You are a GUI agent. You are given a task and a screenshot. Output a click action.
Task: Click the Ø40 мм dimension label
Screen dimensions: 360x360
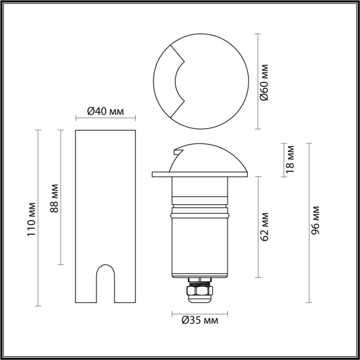[x=105, y=111]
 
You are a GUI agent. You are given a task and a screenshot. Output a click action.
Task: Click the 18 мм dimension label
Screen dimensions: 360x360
[x=290, y=158]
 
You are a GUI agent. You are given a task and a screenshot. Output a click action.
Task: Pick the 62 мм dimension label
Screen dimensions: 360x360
[x=264, y=226]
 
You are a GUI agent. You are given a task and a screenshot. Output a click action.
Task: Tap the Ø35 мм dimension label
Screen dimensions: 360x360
[x=200, y=321]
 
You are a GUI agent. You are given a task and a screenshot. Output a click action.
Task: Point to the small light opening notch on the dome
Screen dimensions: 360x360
[x=178, y=152]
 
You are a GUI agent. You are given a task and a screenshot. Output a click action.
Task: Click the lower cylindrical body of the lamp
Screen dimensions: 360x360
[x=200, y=247]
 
